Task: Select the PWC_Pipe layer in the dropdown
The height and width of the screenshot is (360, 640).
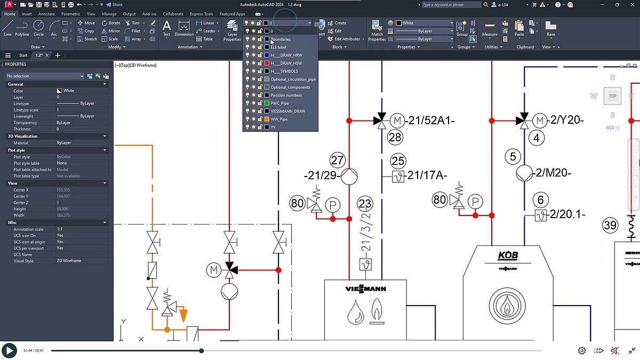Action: [280, 103]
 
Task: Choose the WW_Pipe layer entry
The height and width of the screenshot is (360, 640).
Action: [279, 119]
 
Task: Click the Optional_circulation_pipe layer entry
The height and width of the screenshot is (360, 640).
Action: [293, 79]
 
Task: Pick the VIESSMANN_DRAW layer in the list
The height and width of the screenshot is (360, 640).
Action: [287, 111]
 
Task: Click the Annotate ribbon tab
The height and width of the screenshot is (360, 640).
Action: [46, 14]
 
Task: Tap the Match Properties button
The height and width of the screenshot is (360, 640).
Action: [377, 30]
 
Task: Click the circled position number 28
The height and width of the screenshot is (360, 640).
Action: [395, 138]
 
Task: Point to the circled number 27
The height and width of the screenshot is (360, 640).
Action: [337, 160]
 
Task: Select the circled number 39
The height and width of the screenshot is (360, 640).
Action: [611, 225]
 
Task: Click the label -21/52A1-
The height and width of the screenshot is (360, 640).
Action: [430, 121]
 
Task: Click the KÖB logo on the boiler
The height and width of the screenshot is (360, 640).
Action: [507, 255]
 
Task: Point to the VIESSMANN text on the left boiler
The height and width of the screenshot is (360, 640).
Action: [365, 289]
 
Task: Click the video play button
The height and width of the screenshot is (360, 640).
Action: [9, 350]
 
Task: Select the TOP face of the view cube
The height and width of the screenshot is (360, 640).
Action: [612, 96]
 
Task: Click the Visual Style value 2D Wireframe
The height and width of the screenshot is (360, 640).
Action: [69, 261]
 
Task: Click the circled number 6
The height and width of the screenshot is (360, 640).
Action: [540, 200]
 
